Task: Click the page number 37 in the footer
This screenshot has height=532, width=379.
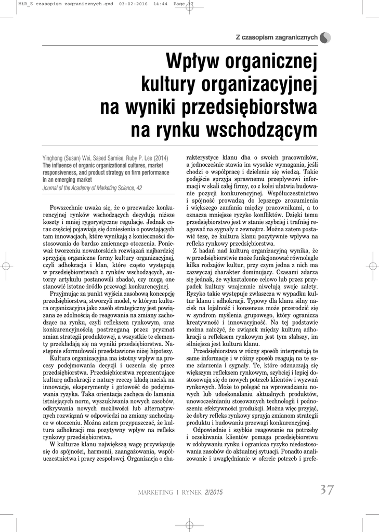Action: pyautogui.click(x=326, y=490)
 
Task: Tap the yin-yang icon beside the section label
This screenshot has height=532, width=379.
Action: pyautogui.click(x=325, y=37)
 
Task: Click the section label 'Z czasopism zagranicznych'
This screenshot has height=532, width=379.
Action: pyautogui.click(x=276, y=38)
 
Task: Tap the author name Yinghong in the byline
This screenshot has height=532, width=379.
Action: pyautogui.click(x=55, y=158)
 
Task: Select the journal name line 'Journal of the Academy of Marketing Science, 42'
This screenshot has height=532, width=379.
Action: pyautogui.click(x=92, y=188)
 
